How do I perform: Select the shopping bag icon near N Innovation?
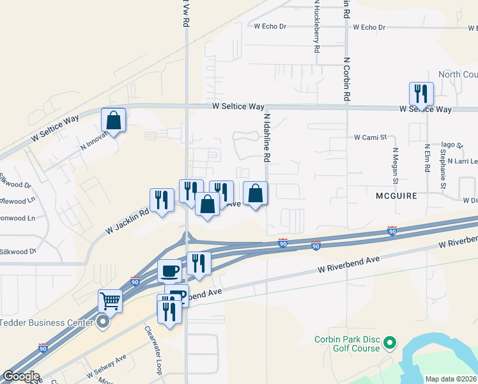[x=113, y=120]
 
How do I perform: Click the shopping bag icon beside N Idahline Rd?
[x=255, y=193]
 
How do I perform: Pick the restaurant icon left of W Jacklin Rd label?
[x=162, y=200]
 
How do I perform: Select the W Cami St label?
[x=371, y=137]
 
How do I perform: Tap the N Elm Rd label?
[x=427, y=157]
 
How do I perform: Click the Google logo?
[x=20, y=376]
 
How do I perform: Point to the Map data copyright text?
[x=450, y=379]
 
